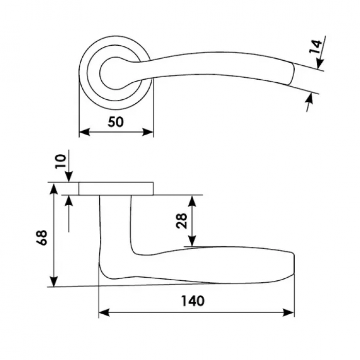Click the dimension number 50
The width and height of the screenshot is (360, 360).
click(x=116, y=122)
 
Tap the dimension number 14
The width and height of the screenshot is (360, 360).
click(x=315, y=47)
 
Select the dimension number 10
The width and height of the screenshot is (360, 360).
click(x=61, y=161)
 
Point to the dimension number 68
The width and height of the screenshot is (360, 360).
click(x=42, y=238)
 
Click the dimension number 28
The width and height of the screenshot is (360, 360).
click(x=182, y=221)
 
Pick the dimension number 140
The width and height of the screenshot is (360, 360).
click(x=193, y=301)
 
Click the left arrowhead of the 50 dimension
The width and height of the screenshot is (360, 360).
click(x=84, y=132)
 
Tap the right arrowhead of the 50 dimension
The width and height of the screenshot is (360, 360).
click(x=148, y=132)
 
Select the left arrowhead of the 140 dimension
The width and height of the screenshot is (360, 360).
click(x=104, y=313)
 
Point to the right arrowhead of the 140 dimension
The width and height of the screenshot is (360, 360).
click(x=289, y=313)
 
